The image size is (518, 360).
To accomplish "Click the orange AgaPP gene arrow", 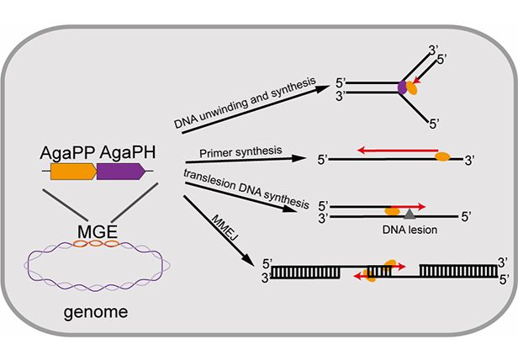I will point(73,172).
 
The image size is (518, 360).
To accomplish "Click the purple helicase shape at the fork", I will point(401,85).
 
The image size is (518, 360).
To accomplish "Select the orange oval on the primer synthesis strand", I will point(441,156).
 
